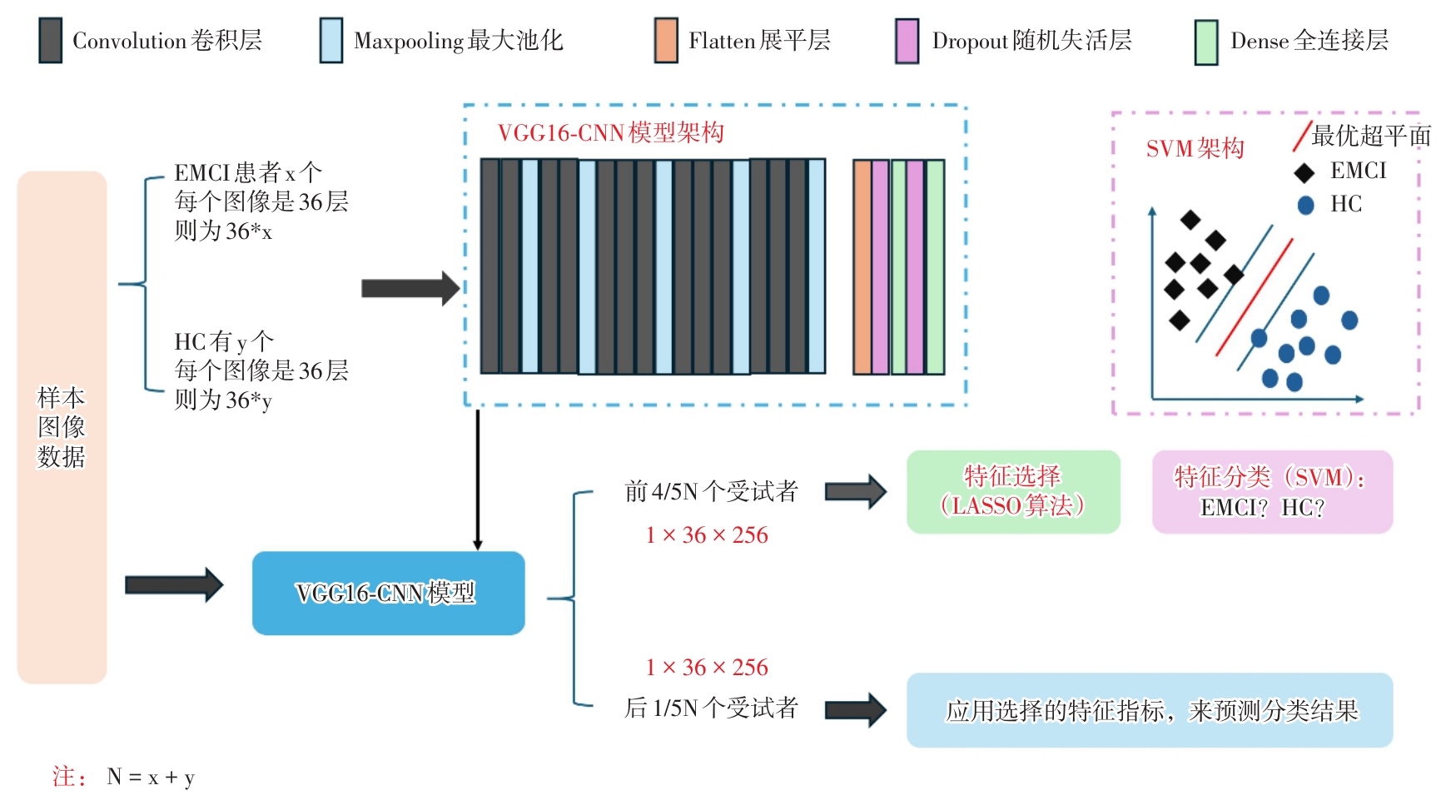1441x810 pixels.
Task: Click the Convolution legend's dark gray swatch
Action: [51, 41]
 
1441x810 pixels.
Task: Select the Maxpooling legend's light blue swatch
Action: [331, 41]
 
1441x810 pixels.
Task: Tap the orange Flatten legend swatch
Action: [666, 41]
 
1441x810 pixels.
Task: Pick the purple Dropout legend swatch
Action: [907, 41]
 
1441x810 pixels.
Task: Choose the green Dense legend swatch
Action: [1205, 42]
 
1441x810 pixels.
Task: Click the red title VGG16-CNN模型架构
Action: [610, 133]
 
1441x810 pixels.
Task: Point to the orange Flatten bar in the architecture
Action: [862, 267]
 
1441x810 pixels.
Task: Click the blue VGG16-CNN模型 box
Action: [388, 593]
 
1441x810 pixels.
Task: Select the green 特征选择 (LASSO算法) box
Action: [1013, 491]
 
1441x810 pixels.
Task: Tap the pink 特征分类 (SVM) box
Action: [1271, 491]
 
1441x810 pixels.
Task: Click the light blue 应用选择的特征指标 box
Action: [1149, 710]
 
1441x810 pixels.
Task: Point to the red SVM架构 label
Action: [1195, 149]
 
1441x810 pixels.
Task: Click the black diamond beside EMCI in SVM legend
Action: [1304, 172]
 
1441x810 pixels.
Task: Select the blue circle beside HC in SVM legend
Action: [1305, 205]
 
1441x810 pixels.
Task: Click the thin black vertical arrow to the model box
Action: [478, 479]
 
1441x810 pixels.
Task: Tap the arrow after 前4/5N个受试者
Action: [855, 492]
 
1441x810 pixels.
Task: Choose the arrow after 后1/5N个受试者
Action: [855, 710]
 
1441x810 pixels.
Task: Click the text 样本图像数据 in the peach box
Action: [61, 427]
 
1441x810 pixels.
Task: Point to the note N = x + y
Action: [150, 778]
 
